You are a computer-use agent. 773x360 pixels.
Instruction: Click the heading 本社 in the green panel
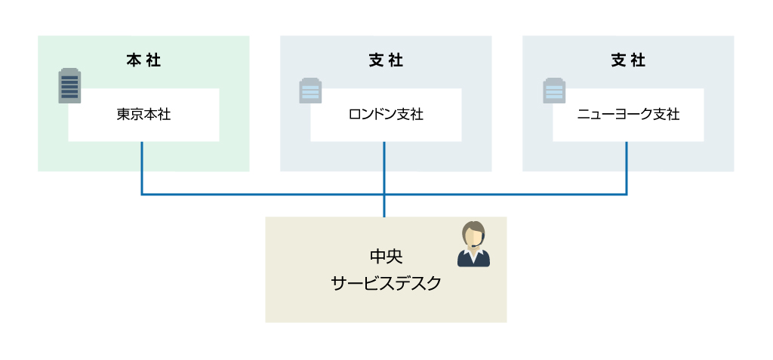(x=143, y=61)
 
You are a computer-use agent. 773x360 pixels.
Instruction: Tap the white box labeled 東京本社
(x=143, y=115)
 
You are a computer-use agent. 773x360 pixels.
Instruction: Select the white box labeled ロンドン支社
(x=386, y=115)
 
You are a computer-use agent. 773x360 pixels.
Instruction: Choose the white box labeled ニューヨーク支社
(x=628, y=115)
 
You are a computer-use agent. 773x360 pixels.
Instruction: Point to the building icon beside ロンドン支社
(x=310, y=90)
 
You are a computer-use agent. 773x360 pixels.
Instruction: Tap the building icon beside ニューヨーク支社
(x=554, y=90)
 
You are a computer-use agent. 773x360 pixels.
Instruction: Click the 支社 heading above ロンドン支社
(x=386, y=61)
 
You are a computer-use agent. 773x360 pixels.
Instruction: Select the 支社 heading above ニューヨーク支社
(x=628, y=61)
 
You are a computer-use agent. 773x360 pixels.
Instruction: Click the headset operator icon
(x=473, y=245)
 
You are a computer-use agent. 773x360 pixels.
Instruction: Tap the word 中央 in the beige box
(x=386, y=257)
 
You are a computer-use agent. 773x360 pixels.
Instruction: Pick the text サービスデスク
(x=386, y=284)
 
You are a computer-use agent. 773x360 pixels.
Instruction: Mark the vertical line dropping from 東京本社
(x=142, y=168)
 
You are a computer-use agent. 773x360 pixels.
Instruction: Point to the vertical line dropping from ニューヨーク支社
(x=627, y=168)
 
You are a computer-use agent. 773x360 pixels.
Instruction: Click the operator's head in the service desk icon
(x=473, y=234)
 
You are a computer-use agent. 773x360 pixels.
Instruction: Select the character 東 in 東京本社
(x=123, y=115)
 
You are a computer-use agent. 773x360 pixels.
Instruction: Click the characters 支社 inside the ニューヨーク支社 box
(x=667, y=115)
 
